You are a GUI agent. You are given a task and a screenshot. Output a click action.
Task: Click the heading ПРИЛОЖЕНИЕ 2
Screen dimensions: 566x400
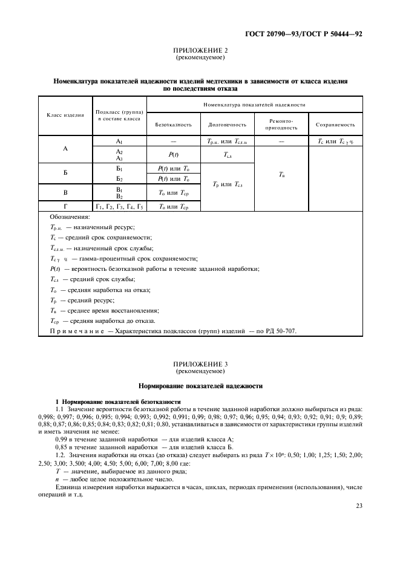[200, 51]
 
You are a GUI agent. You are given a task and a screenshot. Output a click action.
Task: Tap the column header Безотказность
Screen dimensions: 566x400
[173, 125]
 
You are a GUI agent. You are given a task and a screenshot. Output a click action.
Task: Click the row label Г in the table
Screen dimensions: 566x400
[65, 207]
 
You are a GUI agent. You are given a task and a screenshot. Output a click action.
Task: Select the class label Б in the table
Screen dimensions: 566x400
[65, 172]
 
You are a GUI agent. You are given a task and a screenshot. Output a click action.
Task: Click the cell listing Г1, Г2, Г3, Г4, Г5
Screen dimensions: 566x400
[119, 207]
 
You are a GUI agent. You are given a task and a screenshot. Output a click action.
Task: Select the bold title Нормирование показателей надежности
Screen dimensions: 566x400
[200, 385]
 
